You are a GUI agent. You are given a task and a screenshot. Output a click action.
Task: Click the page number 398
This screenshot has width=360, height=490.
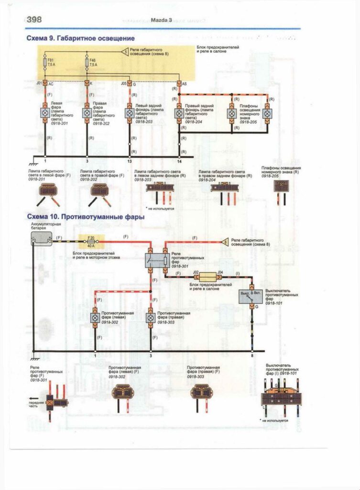34,20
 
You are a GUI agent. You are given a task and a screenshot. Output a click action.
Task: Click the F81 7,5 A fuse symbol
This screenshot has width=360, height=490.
45,63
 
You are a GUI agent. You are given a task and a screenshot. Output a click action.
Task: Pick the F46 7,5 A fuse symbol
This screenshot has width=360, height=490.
87,63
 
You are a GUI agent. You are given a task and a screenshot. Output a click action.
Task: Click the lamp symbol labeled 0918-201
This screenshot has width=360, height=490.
45,113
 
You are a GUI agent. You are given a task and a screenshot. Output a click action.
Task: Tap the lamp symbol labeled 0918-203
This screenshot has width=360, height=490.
129,113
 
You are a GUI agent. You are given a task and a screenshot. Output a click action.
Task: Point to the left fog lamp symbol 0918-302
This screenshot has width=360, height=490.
95,317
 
